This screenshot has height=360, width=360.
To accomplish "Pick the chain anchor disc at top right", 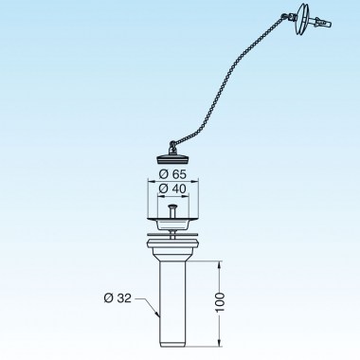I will pos(308,16).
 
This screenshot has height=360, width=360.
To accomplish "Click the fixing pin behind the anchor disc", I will pos(322,20).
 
